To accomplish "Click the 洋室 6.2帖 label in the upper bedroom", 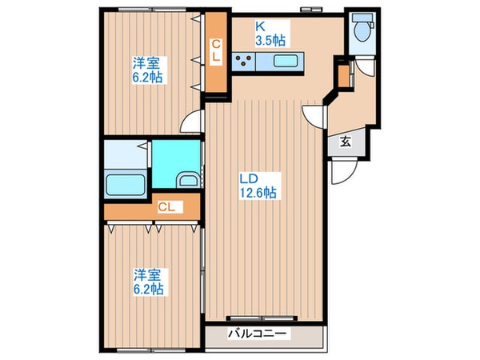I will point(147,69).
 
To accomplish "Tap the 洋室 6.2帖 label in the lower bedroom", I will point(147,281).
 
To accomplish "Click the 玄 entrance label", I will point(346,143).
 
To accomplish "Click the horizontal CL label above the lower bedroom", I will point(166,208).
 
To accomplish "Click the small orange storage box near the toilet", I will point(343,74).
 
